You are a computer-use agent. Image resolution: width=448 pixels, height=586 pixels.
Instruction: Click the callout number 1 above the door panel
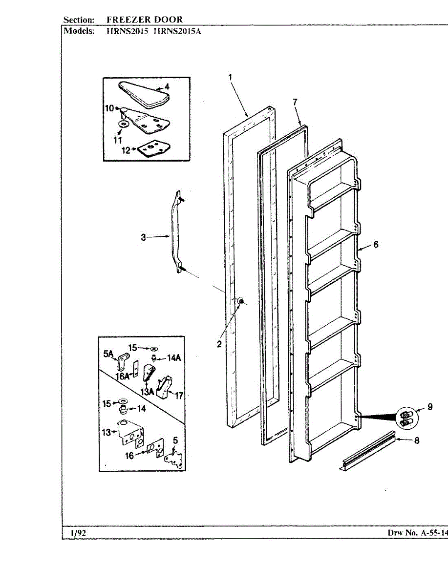[x=230, y=77]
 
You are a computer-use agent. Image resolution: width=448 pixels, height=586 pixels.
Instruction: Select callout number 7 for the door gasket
[x=295, y=102]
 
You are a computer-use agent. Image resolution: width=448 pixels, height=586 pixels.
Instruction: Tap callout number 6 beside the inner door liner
[x=376, y=245]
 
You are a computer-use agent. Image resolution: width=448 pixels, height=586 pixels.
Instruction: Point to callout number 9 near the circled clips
[x=430, y=406]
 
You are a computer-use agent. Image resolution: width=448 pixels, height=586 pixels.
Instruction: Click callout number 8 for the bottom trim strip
[x=417, y=440]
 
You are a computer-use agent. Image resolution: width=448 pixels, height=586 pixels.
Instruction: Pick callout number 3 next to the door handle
[x=143, y=237]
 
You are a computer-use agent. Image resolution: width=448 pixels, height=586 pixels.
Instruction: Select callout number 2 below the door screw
[x=220, y=344]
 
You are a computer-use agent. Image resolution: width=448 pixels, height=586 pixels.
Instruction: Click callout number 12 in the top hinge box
[x=125, y=150]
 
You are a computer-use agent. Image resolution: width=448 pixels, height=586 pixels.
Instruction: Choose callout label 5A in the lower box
[x=108, y=352]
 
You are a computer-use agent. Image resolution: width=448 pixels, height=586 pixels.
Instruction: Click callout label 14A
[x=174, y=358]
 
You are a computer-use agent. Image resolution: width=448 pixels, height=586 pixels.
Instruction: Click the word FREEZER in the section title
[x=128, y=20]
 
